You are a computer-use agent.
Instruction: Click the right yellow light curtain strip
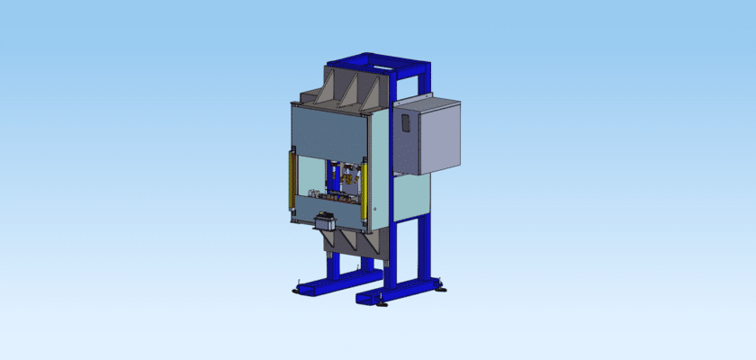364,190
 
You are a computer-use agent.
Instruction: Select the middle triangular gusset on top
346,91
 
